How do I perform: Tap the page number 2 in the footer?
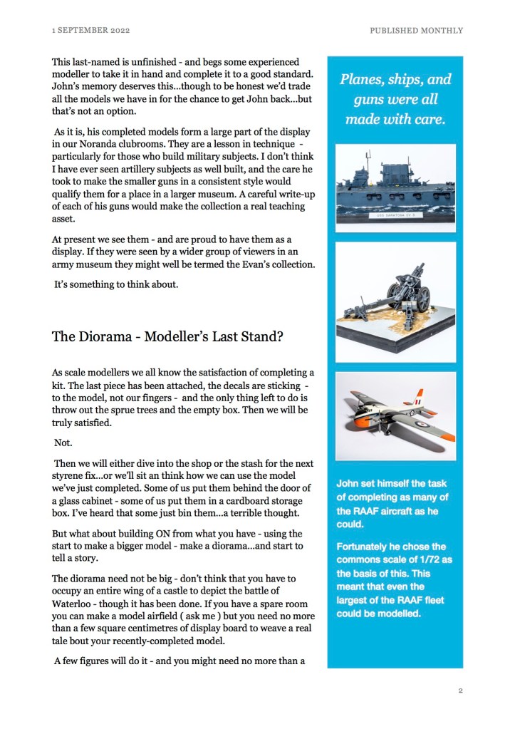click(460, 691)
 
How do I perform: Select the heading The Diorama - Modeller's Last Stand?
click(167, 336)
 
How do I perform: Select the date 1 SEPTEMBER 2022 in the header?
click(90, 31)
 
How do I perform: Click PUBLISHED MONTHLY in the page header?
click(416, 31)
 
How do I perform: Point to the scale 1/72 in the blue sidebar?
click(435, 560)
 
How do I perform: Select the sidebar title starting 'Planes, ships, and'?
click(395, 99)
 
